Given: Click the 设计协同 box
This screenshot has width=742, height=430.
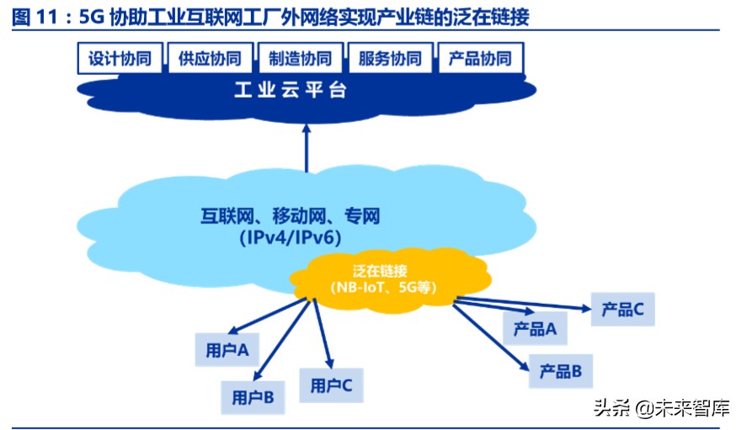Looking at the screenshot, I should pos(120,59).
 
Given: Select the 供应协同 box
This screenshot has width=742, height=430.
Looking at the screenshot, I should pos(210,59).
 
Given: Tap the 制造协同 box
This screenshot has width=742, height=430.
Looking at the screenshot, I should pos(300,59).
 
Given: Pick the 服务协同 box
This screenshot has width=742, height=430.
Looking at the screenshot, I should pos(390,59).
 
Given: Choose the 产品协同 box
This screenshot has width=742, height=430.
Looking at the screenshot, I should pos(480,59).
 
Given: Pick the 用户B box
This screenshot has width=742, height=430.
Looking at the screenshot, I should pos(253,396).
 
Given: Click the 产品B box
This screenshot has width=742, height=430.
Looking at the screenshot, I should pos(561,370).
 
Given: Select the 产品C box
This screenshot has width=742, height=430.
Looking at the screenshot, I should pos(623,310).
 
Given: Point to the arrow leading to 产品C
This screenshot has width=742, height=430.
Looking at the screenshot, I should pos(522,304).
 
